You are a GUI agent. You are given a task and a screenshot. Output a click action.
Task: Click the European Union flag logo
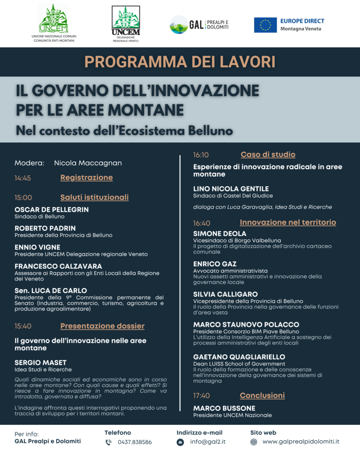pyautogui.click(x=265, y=25)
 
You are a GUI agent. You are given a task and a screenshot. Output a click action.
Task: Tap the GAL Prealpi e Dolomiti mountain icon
pyautogui.click(x=178, y=25)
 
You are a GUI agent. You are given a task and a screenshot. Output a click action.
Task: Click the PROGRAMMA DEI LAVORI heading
pyautogui.click(x=180, y=62)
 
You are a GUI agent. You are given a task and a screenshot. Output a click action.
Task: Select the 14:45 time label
pyautogui.click(x=23, y=178)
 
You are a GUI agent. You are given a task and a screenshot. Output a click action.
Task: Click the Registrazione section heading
pyautogui.click(x=87, y=178)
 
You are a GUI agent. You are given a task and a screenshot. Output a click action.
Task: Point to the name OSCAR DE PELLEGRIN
pyautogui.click(x=51, y=210)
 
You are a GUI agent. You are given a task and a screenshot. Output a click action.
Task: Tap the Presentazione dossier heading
pyautogui.click(x=102, y=326)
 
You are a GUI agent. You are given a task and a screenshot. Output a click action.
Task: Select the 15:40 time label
pyautogui.click(x=23, y=326)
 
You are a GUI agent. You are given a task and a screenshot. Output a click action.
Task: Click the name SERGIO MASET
pyautogui.click(x=40, y=363)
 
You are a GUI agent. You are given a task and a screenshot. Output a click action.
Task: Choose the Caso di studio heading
pyautogui.click(x=268, y=155)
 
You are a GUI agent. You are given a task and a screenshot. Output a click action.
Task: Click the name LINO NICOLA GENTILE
pyautogui.click(x=231, y=189)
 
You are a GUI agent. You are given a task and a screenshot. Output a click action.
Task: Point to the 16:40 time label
pyautogui.click(x=202, y=223)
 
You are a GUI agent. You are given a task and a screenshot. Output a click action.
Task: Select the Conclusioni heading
pyautogui.click(x=262, y=396)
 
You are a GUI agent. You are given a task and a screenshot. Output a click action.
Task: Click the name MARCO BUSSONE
pyautogui.click(x=224, y=408)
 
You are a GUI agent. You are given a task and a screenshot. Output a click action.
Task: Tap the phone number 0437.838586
pyautogui.click(x=135, y=442)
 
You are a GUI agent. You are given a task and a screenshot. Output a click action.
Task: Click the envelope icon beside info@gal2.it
pyautogui.click(x=180, y=442)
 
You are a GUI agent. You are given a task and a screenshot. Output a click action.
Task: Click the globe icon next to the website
pyautogui.click(x=254, y=442)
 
